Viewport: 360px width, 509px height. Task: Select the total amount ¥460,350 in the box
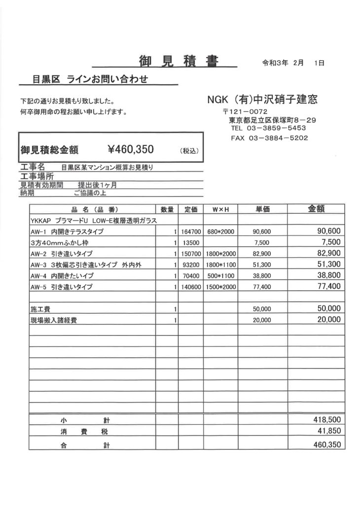pos(131,149)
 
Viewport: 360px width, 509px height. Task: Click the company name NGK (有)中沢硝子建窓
pos(262,100)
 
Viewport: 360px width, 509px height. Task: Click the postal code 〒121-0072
pos(245,112)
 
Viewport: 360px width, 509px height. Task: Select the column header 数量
pos(167,209)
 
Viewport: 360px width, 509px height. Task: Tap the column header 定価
pos(191,209)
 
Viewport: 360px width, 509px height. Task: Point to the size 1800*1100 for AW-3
pos(221,265)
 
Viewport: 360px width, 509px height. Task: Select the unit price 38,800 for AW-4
pos(262,276)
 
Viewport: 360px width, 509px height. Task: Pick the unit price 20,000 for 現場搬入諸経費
pos(262,320)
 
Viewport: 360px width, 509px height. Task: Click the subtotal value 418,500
pos(327,420)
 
